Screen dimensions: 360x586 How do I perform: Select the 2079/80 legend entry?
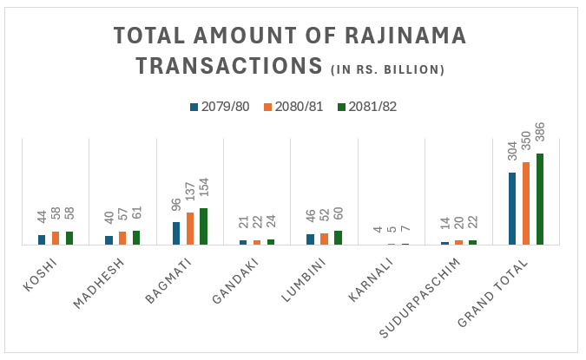pyautogui.click(x=221, y=107)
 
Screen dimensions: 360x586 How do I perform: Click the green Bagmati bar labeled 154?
pyautogui.click(x=203, y=226)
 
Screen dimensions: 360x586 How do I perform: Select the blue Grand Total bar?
pyautogui.click(x=512, y=209)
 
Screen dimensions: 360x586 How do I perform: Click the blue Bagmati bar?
pyautogui.click(x=176, y=233)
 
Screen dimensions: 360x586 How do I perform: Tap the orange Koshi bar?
pyautogui.click(x=55, y=239)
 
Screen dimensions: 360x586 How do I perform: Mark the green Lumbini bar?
pyautogui.click(x=339, y=238)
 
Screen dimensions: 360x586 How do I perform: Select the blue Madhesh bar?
pyautogui.click(x=109, y=240)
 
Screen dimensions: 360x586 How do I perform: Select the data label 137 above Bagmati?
pyautogui.click(x=190, y=197)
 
